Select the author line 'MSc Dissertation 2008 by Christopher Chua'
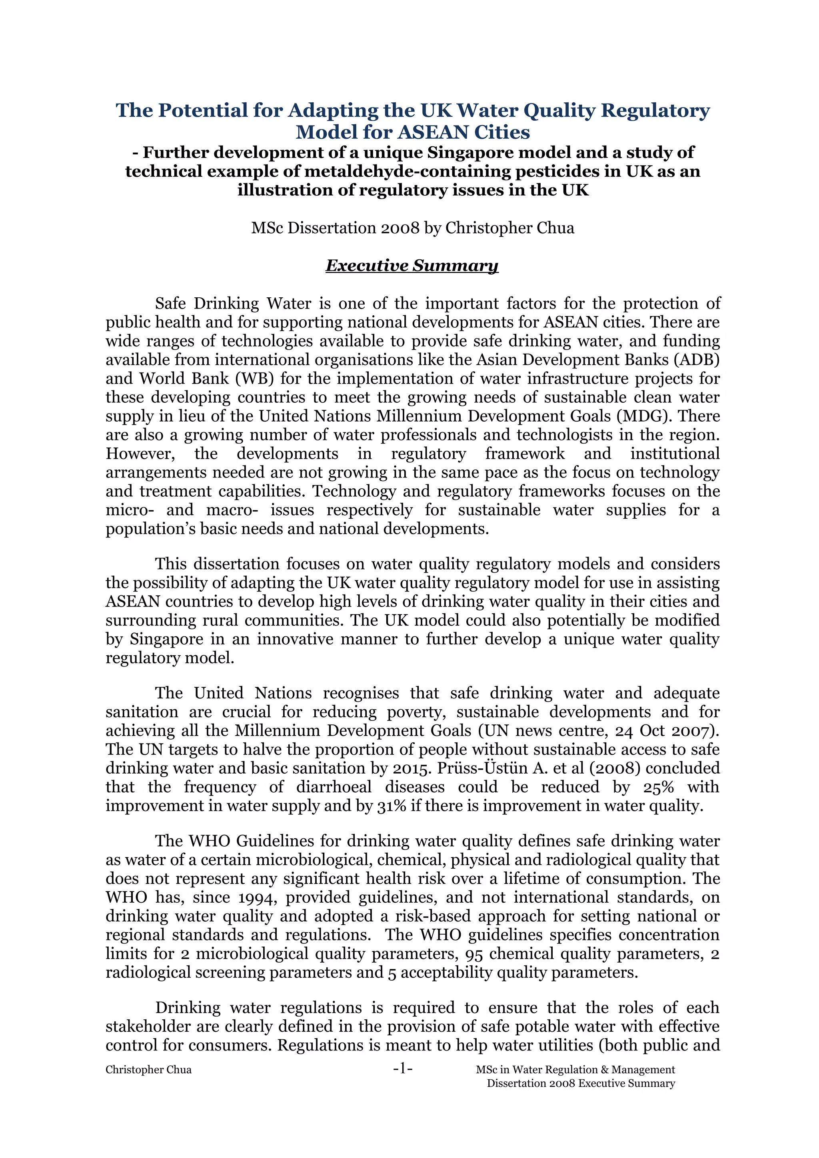(412, 228)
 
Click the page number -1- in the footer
(403, 1068)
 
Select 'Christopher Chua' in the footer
(148, 1070)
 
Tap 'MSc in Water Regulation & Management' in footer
(575, 1070)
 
